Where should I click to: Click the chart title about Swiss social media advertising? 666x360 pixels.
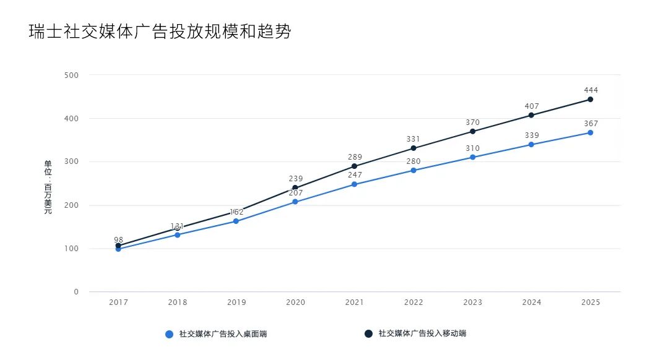[x=160, y=32]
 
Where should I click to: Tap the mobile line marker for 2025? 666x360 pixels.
[x=590, y=100]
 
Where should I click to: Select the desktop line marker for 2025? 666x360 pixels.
[x=590, y=132]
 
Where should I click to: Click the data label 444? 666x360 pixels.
[x=590, y=90]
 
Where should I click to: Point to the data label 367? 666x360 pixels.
[x=590, y=124]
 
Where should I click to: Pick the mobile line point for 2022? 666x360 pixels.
[x=413, y=148]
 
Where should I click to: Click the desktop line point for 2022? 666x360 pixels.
[x=413, y=170]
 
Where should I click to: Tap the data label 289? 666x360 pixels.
[x=355, y=157]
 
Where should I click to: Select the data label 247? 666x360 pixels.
[x=355, y=175]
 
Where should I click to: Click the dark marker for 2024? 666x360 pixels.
[x=531, y=115]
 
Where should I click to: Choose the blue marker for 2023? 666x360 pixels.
[x=472, y=157]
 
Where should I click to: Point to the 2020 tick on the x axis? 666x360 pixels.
[x=295, y=302]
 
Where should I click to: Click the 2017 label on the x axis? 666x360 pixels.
[x=118, y=302]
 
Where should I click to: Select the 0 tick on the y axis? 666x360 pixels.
[x=76, y=292]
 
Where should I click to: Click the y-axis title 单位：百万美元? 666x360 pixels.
[x=48, y=187]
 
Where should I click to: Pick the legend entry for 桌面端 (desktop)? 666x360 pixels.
[x=216, y=334]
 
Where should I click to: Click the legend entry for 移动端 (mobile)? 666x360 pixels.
[x=415, y=333]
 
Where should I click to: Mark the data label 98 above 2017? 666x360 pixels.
[x=118, y=239]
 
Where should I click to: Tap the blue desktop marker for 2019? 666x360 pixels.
[x=236, y=221]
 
